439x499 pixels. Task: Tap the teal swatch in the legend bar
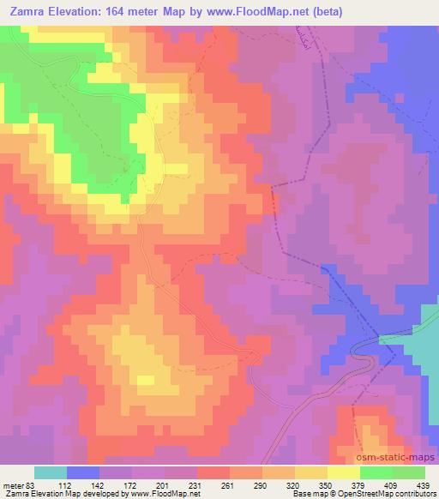click(51, 472)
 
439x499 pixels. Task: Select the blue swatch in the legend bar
click(83, 472)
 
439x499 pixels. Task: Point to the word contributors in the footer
click(412, 494)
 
